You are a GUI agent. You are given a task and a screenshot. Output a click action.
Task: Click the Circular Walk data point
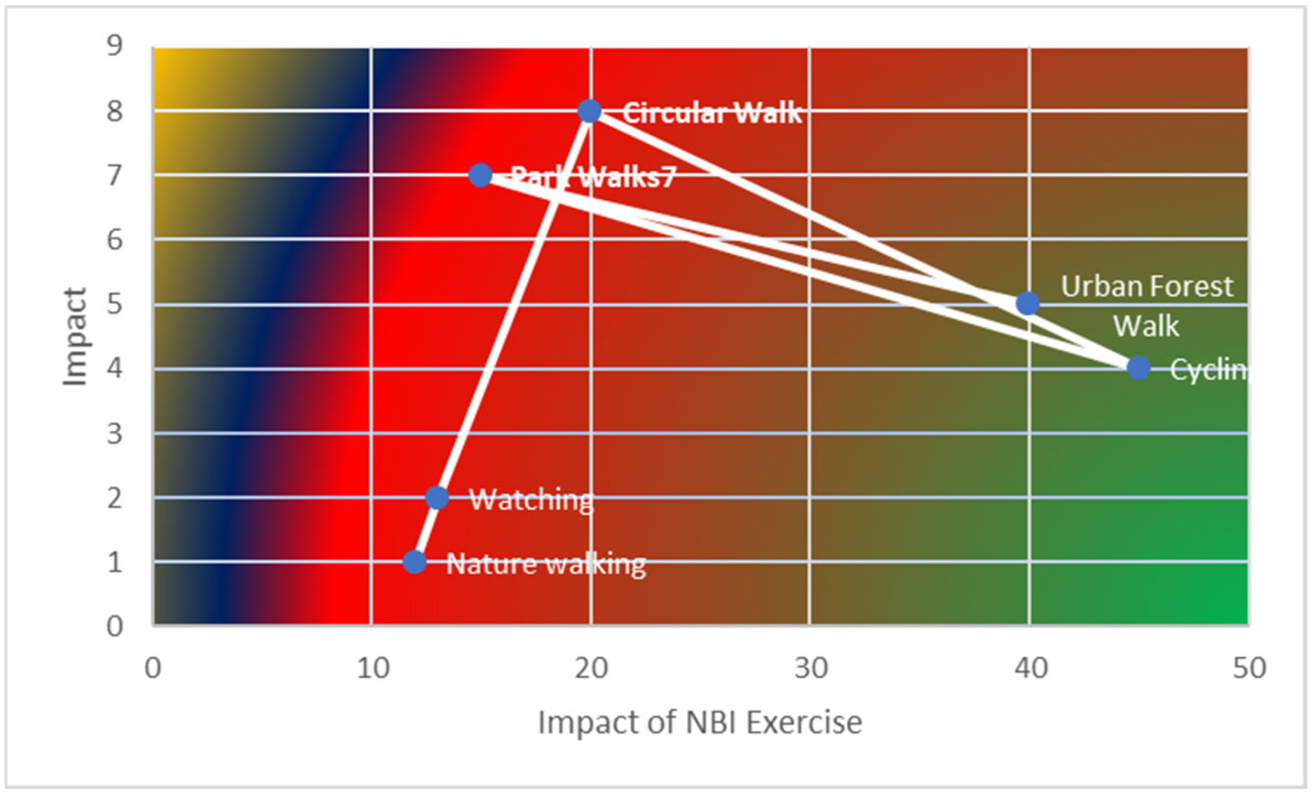[590, 111]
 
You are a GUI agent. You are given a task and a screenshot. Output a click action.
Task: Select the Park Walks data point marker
[480, 174]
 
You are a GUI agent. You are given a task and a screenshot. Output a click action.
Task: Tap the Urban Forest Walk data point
[1028, 303]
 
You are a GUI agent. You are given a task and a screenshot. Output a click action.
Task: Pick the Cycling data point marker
[1138, 367]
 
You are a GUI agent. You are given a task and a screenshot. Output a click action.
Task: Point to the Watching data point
[437, 497]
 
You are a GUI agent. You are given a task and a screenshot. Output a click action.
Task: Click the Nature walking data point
[414, 562]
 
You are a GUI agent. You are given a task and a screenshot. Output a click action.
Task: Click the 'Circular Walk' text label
[711, 112]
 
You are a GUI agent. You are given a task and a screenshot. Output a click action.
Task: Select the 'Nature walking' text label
[546, 564]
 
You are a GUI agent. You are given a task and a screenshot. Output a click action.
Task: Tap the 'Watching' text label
[531, 500]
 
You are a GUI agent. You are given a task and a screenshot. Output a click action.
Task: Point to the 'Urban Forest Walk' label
[1147, 306]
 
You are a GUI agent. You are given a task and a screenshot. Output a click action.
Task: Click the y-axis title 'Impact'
[75, 337]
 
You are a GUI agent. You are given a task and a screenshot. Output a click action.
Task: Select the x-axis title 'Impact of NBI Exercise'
[700, 722]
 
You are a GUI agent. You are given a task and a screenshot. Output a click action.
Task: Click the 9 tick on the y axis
[115, 46]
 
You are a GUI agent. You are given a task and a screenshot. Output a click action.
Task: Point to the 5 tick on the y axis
[115, 304]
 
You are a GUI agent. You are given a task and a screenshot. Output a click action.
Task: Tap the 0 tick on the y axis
[115, 626]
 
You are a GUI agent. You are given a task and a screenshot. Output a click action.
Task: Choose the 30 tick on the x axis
[811, 668]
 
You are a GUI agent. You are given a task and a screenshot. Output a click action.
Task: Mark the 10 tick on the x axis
[373, 668]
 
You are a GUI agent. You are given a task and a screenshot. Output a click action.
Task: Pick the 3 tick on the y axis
[115, 434]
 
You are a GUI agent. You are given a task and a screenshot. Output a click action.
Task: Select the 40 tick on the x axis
[1030, 668]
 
